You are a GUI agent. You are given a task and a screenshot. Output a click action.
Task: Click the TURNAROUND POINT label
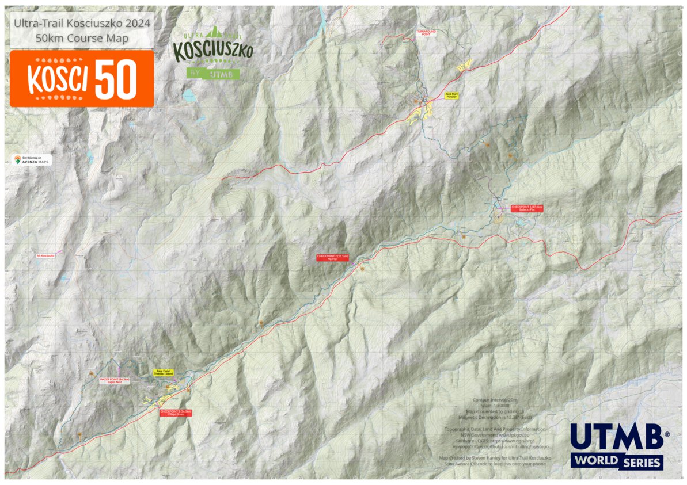point(426,33)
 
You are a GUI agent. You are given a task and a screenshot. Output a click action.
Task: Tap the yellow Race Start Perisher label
point(451,96)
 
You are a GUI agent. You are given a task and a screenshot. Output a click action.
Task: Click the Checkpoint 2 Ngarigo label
point(333,258)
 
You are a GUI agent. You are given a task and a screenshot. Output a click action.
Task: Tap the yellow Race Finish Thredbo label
point(162,373)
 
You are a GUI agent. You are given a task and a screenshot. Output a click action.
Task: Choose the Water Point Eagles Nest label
point(115,381)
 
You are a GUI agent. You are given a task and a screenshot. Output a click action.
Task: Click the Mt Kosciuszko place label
point(45,255)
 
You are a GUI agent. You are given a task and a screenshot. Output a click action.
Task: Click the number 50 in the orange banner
point(116,79)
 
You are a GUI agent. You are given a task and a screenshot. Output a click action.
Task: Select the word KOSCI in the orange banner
point(58,79)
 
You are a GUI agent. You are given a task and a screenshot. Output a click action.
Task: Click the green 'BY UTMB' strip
point(212,74)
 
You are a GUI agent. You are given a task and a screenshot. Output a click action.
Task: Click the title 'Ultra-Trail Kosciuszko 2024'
point(82,24)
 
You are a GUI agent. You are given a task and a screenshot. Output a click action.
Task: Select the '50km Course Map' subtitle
point(82,38)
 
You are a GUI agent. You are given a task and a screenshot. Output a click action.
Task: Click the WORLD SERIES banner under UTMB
point(617,461)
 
